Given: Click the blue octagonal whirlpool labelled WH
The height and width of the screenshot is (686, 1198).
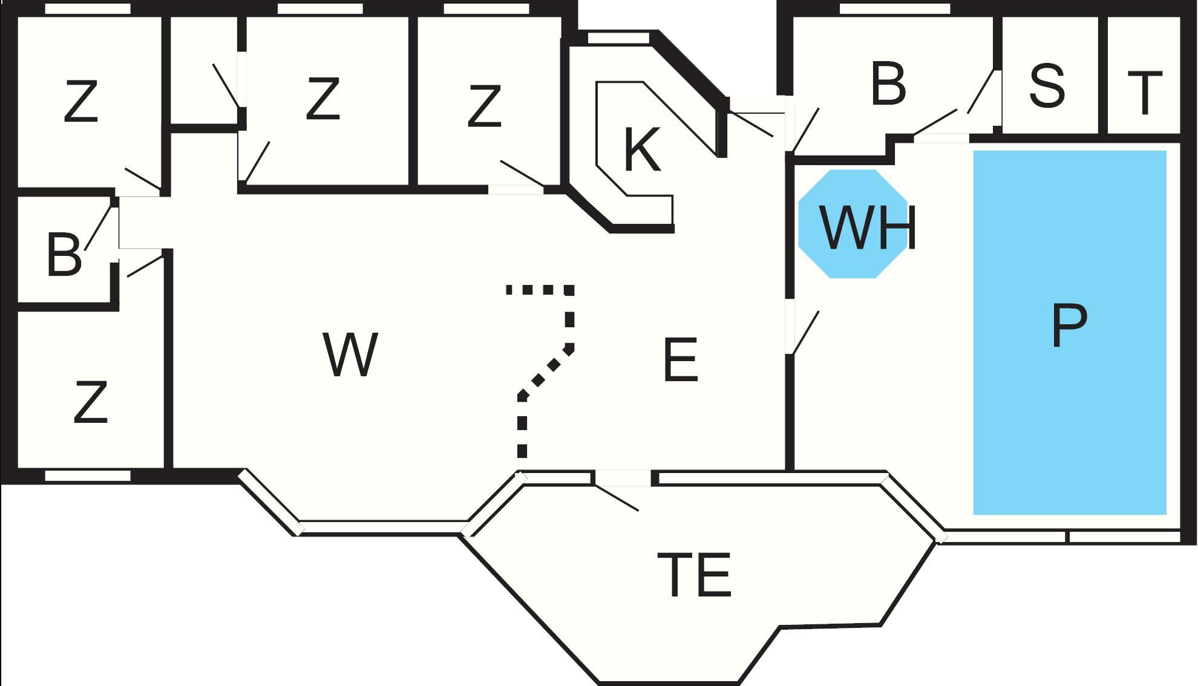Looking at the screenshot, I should point(853,224).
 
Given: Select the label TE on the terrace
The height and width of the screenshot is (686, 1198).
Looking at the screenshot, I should point(695,575).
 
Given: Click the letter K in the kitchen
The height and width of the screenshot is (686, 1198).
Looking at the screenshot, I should point(641,150).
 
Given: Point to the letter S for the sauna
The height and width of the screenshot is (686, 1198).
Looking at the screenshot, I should point(1047,87).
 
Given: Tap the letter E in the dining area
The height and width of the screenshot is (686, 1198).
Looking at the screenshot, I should point(681,361).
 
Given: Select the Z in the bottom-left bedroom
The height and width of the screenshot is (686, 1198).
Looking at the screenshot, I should point(91,402).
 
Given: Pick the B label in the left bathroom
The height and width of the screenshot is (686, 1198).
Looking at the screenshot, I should point(64,255).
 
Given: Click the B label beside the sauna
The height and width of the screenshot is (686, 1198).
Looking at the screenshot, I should point(888,83).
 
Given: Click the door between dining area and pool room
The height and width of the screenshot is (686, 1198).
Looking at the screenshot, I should point(790,327).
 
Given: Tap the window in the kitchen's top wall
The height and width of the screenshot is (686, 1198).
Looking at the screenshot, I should point(618,38).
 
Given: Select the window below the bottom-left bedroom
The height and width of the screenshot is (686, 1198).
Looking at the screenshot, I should point(88,476).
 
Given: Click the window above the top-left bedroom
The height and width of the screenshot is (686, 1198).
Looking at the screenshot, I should point(88,8).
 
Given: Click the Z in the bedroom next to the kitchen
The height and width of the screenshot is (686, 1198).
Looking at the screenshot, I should point(485,106).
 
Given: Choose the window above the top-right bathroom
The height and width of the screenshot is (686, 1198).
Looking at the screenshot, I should point(894,8).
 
